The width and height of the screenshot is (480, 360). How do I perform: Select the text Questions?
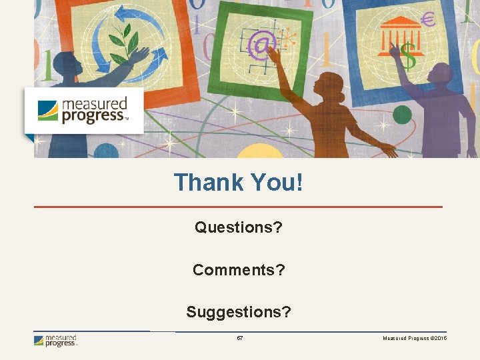239,227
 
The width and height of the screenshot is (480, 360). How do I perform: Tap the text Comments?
239,270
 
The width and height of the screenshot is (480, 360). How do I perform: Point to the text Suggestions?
239,312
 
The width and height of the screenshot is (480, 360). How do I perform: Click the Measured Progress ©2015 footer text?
415,339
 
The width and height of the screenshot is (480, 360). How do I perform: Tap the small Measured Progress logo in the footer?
56,341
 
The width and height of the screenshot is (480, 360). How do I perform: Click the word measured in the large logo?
94,104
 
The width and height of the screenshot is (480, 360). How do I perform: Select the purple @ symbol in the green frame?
262,45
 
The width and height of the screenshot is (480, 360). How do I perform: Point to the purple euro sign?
428,21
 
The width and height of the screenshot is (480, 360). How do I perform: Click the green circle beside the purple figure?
402,115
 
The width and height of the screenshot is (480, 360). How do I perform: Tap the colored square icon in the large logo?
47,110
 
